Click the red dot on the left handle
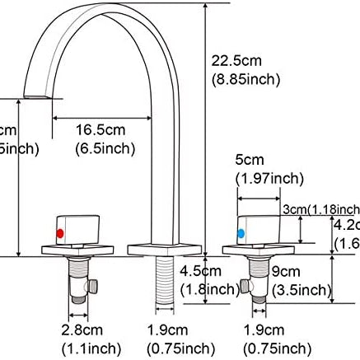(x=60, y=234)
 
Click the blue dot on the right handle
(x=241, y=234)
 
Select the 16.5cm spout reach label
(x=100, y=130)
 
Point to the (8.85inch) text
(x=245, y=79)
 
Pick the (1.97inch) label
(x=268, y=177)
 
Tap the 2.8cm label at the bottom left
(x=86, y=330)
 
